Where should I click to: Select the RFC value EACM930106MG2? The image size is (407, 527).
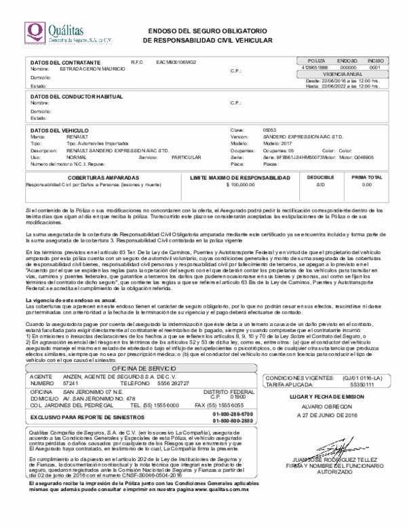[176, 62]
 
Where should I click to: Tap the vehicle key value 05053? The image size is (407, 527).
[269, 129]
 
